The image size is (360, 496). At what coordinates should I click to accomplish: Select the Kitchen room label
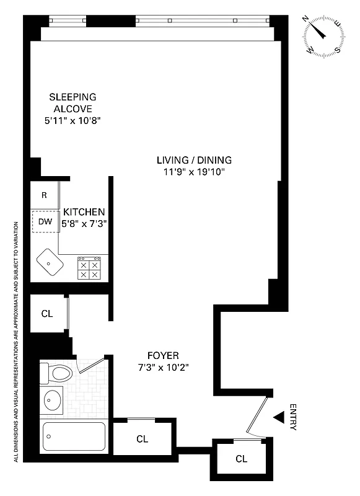pyautogui.click(x=84, y=212)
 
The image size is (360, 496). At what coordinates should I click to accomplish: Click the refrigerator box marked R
pyautogui.click(x=44, y=195)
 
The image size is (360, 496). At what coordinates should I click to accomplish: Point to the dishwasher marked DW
pyautogui.click(x=45, y=221)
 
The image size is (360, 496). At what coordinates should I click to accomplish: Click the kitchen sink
pyautogui.click(x=48, y=264)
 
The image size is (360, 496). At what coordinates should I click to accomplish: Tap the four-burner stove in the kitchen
pyautogui.click(x=89, y=268)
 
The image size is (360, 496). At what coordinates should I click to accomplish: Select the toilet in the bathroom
pyautogui.click(x=57, y=373)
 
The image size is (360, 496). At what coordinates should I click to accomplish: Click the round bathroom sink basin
pyautogui.click(x=54, y=401)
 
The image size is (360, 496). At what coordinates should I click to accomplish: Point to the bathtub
pyautogui.click(x=73, y=437)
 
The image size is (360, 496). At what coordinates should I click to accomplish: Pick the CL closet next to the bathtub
pyautogui.click(x=143, y=439)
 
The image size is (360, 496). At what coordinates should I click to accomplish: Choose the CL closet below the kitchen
pyautogui.click(x=48, y=314)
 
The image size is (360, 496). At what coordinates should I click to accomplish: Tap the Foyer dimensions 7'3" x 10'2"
pyautogui.click(x=164, y=367)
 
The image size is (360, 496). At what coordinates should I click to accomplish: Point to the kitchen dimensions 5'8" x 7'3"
pyautogui.click(x=84, y=224)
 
